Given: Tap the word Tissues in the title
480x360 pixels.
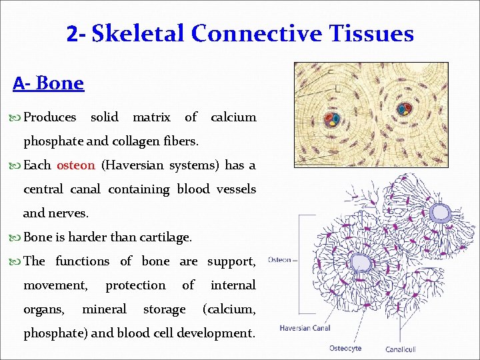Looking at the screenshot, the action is point(371,33).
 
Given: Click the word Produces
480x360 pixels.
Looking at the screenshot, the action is point(50,117).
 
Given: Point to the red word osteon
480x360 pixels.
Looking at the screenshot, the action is point(76,165).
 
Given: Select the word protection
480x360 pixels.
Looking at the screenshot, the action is point(135,285).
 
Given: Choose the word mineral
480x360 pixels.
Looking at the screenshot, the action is point(104,309).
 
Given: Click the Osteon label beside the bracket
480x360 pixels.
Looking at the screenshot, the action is point(279,259).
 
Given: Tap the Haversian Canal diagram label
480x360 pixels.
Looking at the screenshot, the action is point(305,328).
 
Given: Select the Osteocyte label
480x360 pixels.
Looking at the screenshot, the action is point(346,348).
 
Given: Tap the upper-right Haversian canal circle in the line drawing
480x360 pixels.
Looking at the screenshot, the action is point(440,212).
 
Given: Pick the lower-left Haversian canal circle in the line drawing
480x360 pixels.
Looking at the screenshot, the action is point(361,262).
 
